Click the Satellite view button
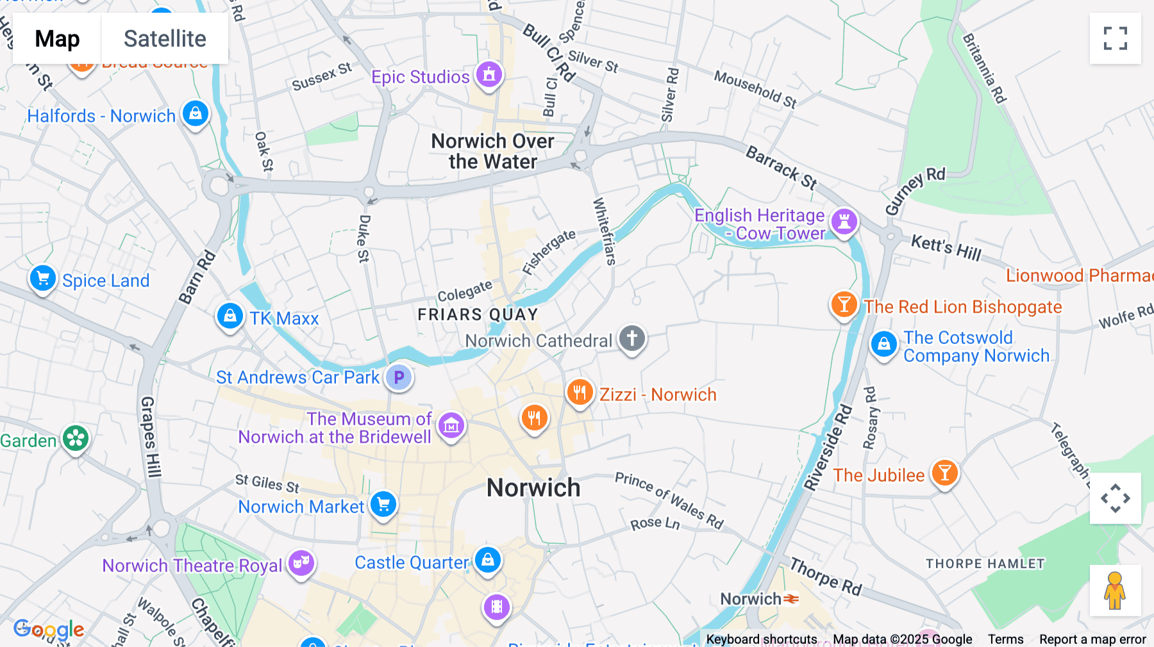pos(165,38)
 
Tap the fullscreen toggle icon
pos(1115,38)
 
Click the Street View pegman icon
pos(1115,590)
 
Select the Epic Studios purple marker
pos(489,75)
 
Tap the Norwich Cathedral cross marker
pos(632,338)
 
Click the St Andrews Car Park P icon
pos(399,377)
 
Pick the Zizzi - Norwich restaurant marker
pos(580,392)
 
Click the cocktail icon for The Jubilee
pos(944,473)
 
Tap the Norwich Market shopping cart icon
pos(383,505)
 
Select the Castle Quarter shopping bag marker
pos(487,560)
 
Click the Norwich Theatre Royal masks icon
pos(301,563)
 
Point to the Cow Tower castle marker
pos(844,222)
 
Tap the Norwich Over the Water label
pos(492,151)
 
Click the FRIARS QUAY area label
pos(478,315)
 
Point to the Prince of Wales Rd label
pos(669,500)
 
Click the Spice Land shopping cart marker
pos(43,279)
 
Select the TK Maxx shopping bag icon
pos(230,316)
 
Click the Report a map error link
pos(1092,639)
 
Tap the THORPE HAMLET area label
pos(985,564)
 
